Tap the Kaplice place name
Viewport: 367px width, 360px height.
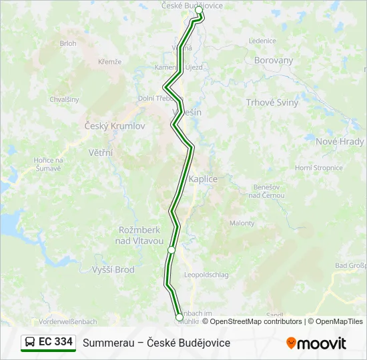(204, 179)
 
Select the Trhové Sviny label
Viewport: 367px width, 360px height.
(272, 103)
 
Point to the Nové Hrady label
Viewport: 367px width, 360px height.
(340, 141)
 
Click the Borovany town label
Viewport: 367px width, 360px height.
(274, 60)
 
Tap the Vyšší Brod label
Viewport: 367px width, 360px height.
(112, 270)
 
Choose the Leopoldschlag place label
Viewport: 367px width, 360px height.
(206, 275)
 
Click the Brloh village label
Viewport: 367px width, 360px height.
(68, 43)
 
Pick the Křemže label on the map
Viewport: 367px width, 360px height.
(109, 61)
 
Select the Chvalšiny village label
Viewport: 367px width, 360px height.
(64, 99)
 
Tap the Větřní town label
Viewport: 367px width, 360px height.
(100, 153)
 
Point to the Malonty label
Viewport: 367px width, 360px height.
(242, 223)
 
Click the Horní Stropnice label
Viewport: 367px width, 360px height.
(318, 168)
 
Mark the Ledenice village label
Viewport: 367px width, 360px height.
(262, 41)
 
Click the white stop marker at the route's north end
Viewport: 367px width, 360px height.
(199, 11)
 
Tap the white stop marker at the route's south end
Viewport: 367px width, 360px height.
(179, 318)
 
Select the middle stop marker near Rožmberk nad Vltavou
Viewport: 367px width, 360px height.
(171, 250)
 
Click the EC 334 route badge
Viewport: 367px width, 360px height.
(49, 342)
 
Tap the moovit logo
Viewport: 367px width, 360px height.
(316, 343)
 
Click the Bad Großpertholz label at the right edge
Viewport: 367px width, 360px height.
(350, 266)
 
